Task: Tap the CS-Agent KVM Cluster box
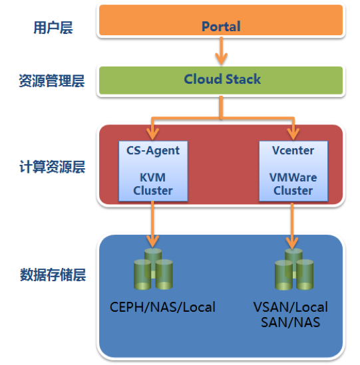(152, 170)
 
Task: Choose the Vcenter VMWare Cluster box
(293, 170)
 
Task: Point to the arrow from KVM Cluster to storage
(152, 223)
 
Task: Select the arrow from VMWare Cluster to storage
(293, 223)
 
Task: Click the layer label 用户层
(53, 28)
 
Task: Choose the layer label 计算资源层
(53, 168)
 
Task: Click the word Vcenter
(293, 150)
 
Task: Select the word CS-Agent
(152, 150)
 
